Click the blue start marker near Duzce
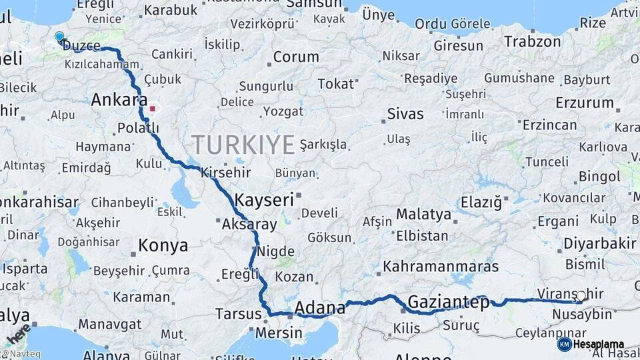click(59, 37)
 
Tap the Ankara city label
click(119, 101)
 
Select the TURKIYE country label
click(243, 145)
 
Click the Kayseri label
click(264, 199)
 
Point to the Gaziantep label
click(448, 302)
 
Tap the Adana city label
click(320, 308)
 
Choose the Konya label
click(163, 246)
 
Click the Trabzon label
click(533, 41)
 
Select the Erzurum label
click(585, 103)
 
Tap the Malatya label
click(423, 215)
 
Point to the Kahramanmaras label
click(441, 267)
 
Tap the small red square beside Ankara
click(153, 108)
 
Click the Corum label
click(296, 57)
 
